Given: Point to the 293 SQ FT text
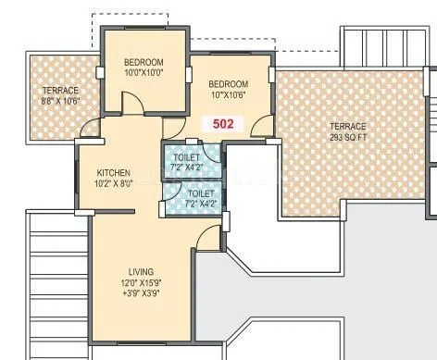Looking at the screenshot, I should point(349,138).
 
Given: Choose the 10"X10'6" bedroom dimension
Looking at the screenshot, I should point(228,93).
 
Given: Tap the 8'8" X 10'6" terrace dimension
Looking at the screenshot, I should point(60,102).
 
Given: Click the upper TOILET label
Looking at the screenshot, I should point(186,158).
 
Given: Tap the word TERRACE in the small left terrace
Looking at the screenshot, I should point(60,91).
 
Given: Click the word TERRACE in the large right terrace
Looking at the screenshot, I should point(349,127).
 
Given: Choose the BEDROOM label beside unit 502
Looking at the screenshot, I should point(228,81).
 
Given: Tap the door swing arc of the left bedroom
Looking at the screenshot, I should point(132,103).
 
